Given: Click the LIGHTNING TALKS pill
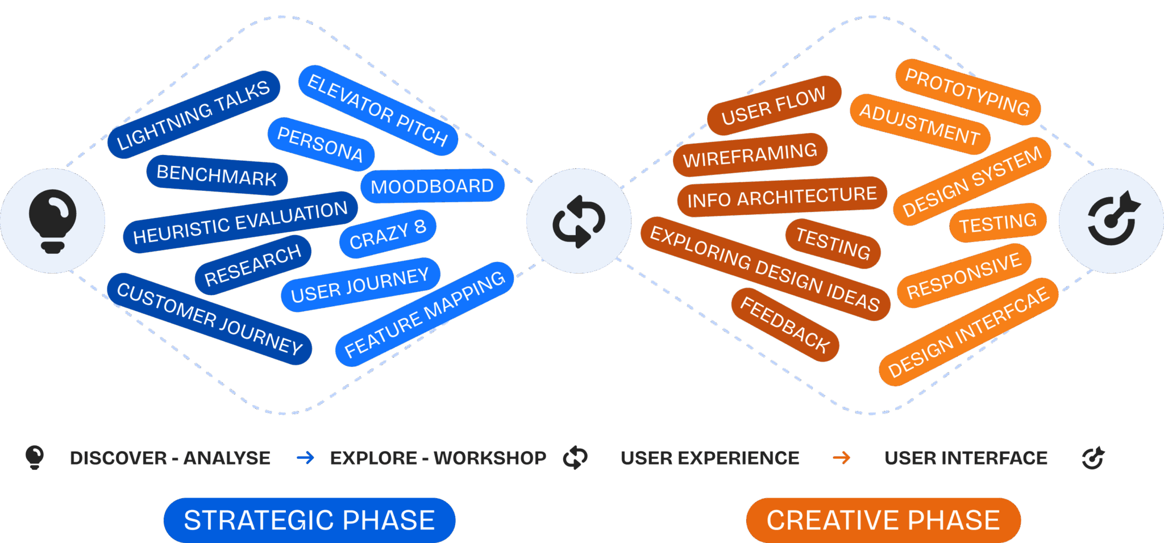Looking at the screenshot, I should click(193, 115).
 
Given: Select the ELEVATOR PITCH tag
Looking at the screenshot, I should click(378, 110).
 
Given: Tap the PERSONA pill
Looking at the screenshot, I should click(321, 144).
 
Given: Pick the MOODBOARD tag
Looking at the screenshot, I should click(432, 186).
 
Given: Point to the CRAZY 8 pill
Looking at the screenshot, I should click(388, 233).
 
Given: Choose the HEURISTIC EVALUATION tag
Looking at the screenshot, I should click(240, 222).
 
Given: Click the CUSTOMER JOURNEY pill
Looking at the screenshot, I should click(210, 319).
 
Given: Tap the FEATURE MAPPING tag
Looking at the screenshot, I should click(425, 314).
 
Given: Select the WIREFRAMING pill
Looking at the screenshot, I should click(750, 154).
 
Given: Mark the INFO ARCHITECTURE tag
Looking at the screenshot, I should click(781, 197).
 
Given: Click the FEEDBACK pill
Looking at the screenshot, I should click(785, 325).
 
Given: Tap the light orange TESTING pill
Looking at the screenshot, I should click(997, 222).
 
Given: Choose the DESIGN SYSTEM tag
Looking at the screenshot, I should click(972, 181).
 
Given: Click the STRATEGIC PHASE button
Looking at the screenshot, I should click(309, 520).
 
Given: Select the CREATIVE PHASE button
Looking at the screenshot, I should click(883, 520).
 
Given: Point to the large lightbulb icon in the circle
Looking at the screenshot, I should click(52, 221).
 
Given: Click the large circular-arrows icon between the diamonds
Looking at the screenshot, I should click(579, 221).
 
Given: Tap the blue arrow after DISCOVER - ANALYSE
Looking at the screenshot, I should click(305, 458).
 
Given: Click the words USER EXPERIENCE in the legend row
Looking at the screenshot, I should click(710, 458).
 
